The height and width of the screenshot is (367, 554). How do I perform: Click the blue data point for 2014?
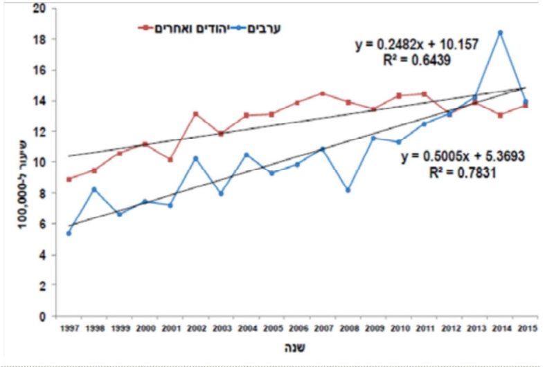[500, 32]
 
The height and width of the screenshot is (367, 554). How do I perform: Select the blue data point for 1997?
[69, 234]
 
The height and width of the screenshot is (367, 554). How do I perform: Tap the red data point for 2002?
[195, 114]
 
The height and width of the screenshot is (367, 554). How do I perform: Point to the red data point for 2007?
[322, 93]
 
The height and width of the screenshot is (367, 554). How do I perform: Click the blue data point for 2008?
[348, 190]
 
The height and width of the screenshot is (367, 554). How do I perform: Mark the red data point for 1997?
[69, 179]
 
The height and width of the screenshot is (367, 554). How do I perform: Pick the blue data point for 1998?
[94, 189]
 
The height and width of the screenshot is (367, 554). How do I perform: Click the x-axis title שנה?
[297, 348]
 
